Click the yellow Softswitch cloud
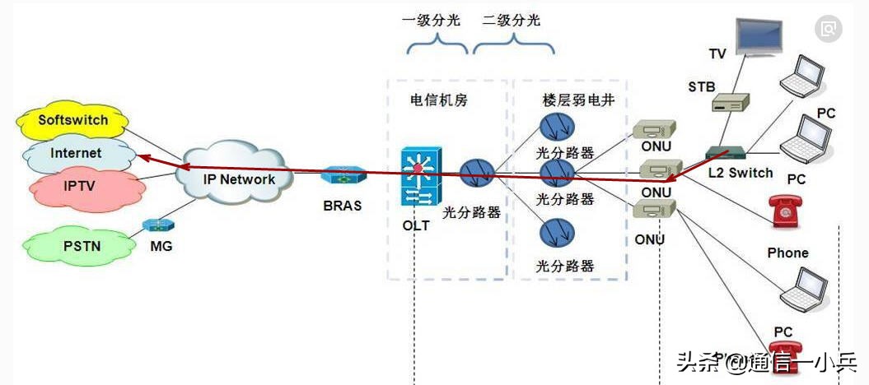72,121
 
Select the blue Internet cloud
76,153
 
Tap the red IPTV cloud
80,186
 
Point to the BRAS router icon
343,176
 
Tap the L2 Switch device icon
726,153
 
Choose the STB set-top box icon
730,102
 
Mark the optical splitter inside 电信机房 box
476,172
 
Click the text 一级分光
431,21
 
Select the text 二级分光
512,21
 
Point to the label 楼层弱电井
572,100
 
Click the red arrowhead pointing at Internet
142,156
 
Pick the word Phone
787,253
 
